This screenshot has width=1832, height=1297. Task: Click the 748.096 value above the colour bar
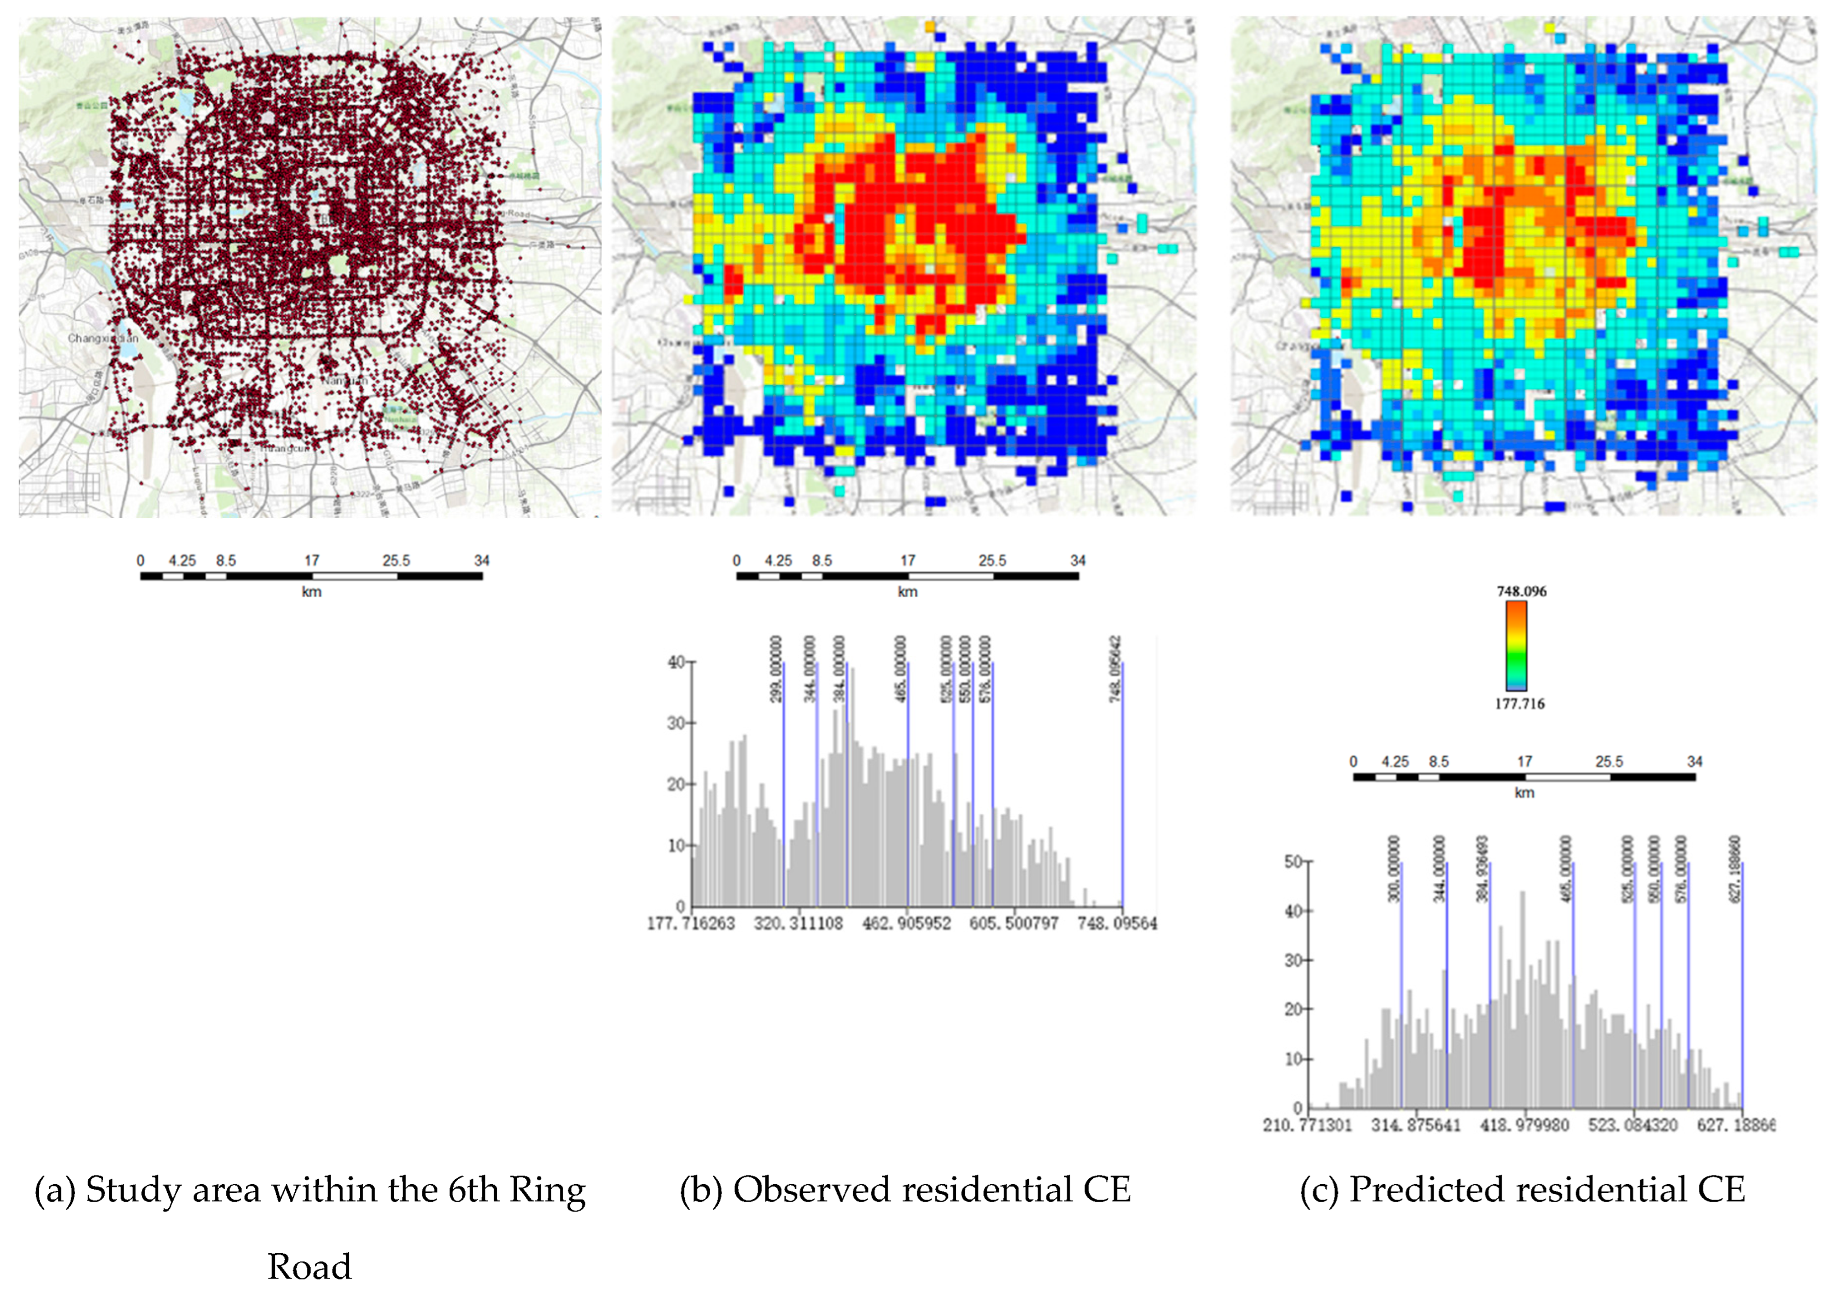click(x=1520, y=591)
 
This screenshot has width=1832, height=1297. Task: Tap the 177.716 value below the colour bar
click(x=1519, y=704)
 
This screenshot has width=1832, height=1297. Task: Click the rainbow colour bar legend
click(x=1516, y=645)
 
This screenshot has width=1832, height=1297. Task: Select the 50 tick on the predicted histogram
click(x=1293, y=862)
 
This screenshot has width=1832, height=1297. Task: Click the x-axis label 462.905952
click(x=907, y=923)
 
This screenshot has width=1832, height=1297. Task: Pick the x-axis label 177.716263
click(x=691, y=923)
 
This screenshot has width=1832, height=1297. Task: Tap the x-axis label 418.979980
click(x=1525, y=1124)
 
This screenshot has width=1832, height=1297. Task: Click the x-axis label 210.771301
click(x=1307, y=1124)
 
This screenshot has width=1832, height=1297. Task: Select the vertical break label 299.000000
click(x=775, y=669)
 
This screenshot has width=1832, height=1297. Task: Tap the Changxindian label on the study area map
click(x=103, y=338)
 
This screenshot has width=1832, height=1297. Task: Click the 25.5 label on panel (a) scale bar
click(x=396, y=561)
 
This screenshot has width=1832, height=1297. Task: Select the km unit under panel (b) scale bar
click(x=907, y=592)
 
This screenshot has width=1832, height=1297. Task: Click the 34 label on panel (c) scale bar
click(x=1694, y=761)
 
